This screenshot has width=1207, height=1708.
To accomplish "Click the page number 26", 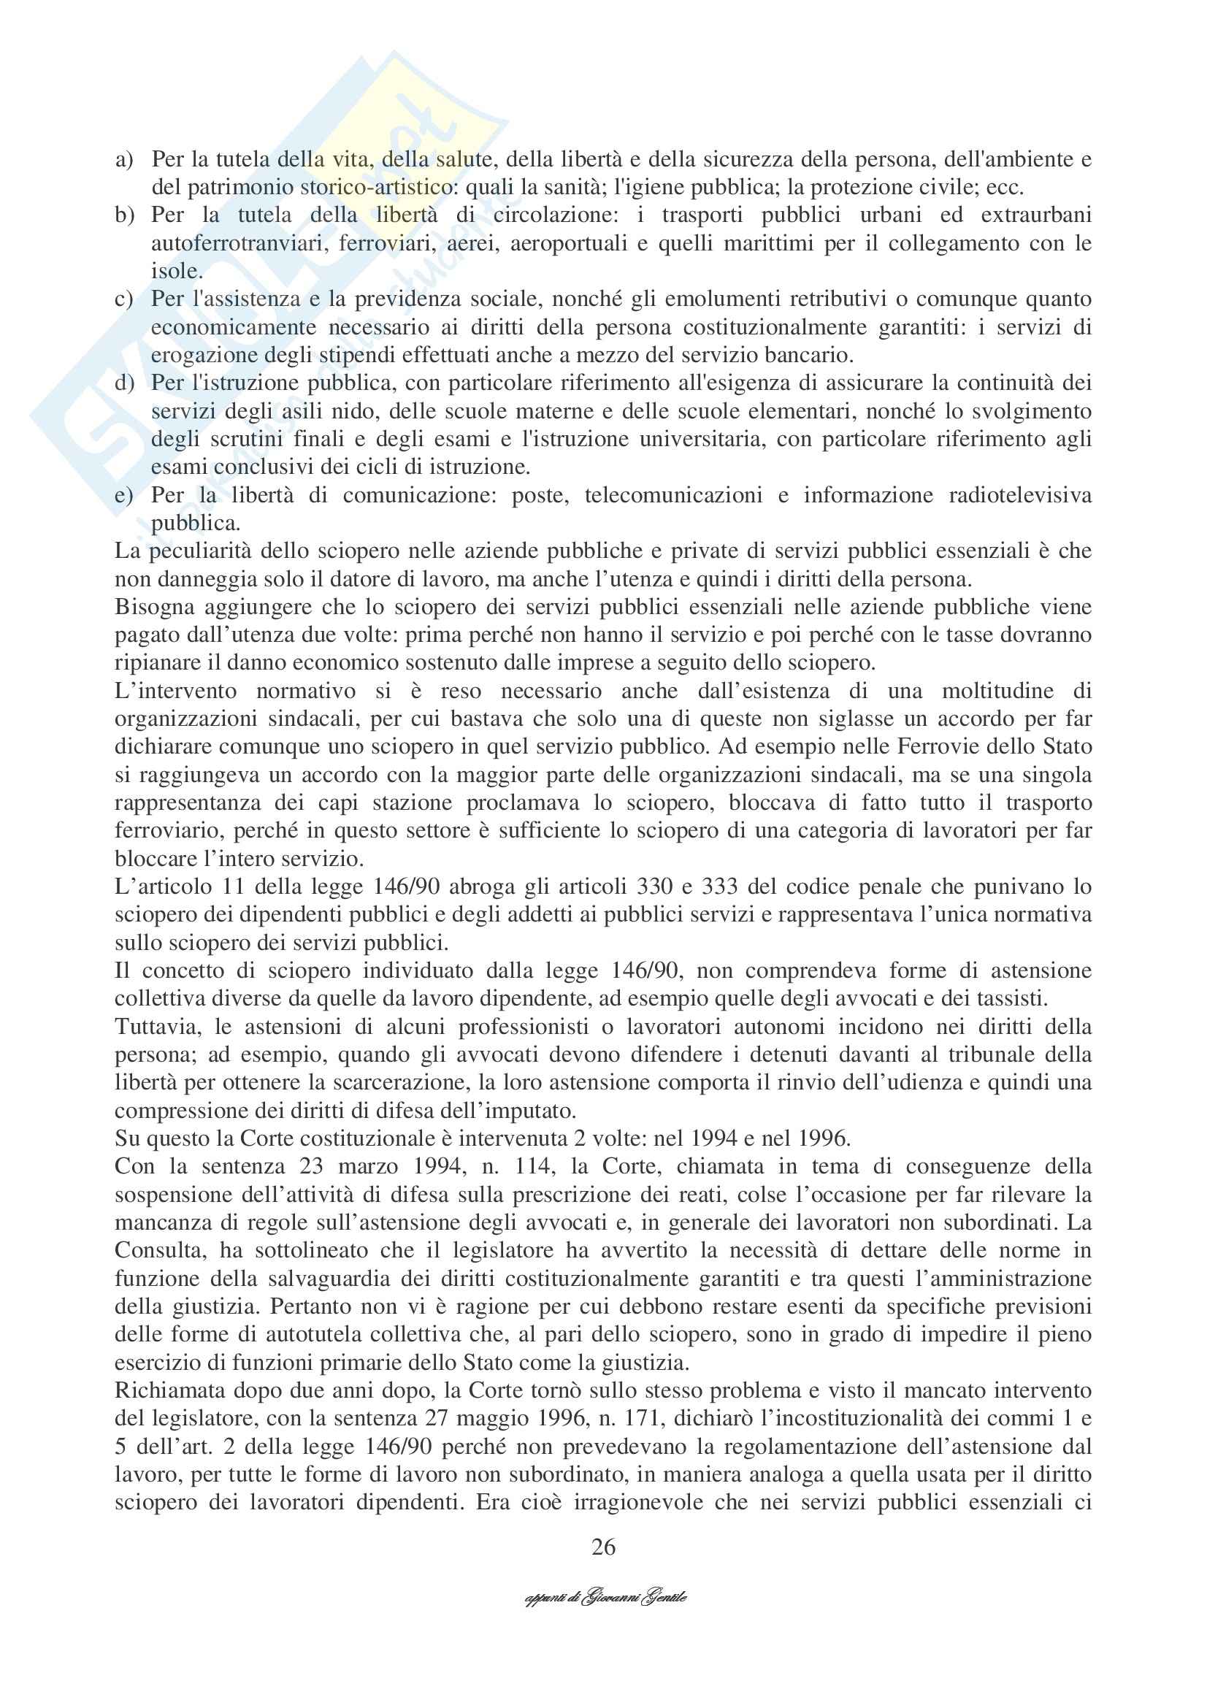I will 603,1547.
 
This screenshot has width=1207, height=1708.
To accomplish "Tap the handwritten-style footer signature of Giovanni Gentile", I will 605,1598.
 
